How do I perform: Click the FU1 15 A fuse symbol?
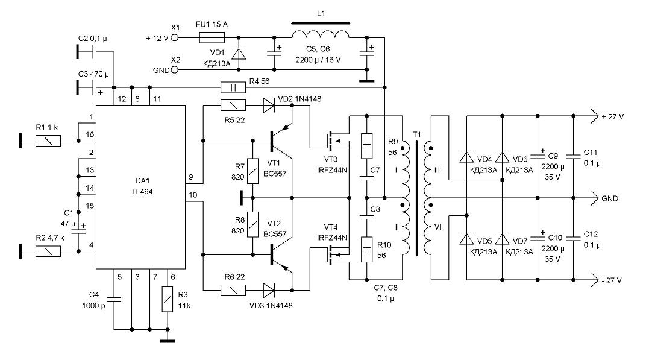tap(212, 38)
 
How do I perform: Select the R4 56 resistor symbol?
tap(233, 87)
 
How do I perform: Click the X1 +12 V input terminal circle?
tap(175, 38)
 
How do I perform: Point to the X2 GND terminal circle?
tap(175, 70)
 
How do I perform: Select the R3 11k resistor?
tap(168, 299)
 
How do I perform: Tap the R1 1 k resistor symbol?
tap(48, 141)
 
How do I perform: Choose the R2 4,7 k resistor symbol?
tap(48, 251)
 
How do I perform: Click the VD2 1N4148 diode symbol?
tap(269, 106)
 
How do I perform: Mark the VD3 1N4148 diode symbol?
tap(269, 290)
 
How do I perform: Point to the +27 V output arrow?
tap(594, 116)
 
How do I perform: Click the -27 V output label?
tap(612, 280)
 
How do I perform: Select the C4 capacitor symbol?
tap(114, 299)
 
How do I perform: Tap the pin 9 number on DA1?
tap(191, 177)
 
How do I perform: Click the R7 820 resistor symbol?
tap(253, 171)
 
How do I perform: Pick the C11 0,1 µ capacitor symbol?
tap(573, 157)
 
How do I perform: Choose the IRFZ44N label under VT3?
tap(332, 170)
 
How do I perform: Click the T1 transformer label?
tap(417, 135)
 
